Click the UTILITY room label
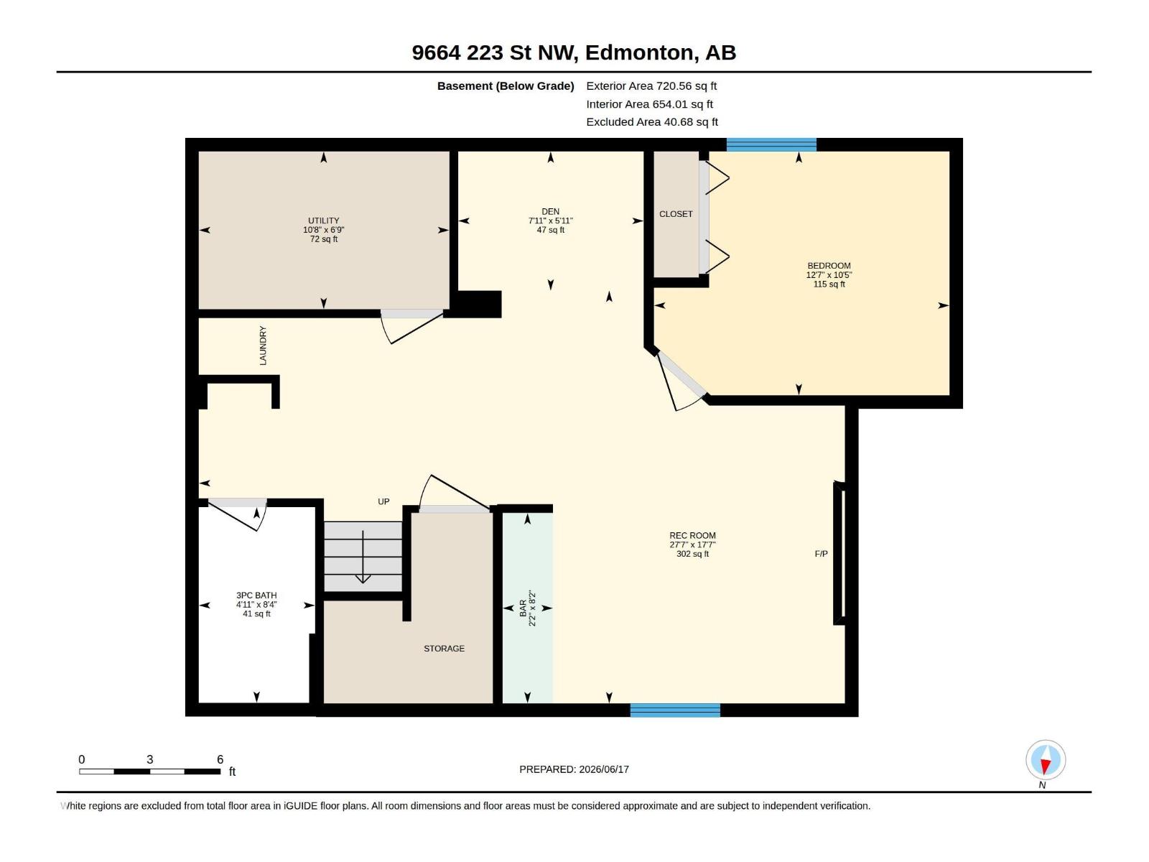pos(323,221)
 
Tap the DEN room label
pos(550,211)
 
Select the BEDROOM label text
pos(829,266)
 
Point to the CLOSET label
pos(676,214)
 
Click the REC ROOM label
pos(692,535)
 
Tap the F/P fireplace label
pos(821,554)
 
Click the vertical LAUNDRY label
pos(263,346)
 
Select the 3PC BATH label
pos(256,595)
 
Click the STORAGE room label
pos(444,649)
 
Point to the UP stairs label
pos(383,501)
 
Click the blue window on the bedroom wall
pos(771,144)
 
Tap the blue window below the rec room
pos(675,710)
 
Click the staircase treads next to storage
pos(363,556)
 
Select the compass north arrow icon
pos(1046,760)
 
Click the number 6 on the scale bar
pos(220,759)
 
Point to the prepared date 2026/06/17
pos(603,769)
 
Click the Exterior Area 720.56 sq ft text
pos(651,85)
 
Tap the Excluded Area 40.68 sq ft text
pos(652,122)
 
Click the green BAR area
pos(527,608)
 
